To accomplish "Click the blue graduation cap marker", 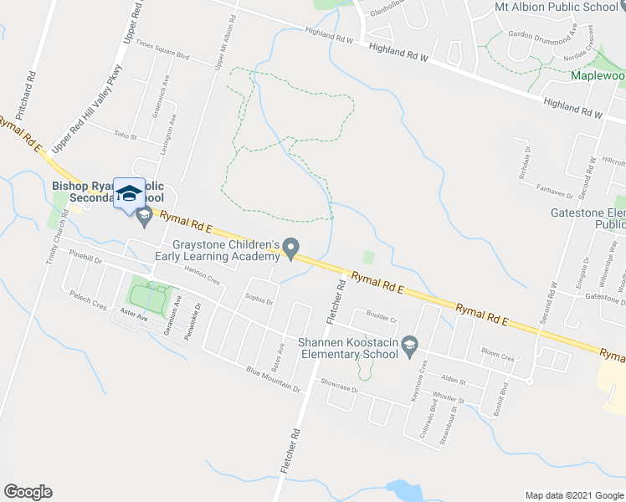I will pyautogui.click(x=128, y=193).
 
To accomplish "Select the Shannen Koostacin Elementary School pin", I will pyautogui.click(x=409, y=345).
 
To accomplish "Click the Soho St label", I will pyautogui.click(x=125, y=133).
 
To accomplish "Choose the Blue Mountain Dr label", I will pyautogui.click(x=273, y=379).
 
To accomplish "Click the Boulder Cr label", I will pyautogui.click(x=381, y=319).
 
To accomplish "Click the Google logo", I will pyautogui.click(x=28, y=492).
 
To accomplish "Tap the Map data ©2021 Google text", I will pyautogui.click(x=573, y=495).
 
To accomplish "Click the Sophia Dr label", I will pyautogui.click(x=259, y=299).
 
